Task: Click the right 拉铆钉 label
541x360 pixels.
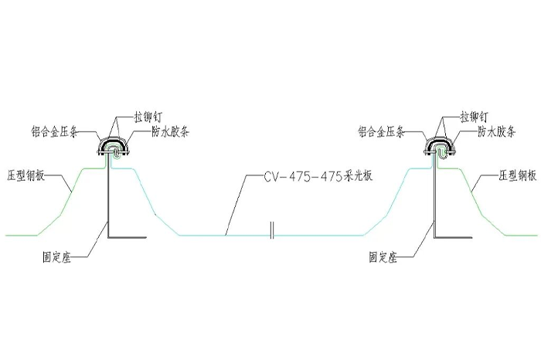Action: point(474,117)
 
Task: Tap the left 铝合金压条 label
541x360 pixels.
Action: point(54,132)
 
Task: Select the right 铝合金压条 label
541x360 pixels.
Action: point(381,132)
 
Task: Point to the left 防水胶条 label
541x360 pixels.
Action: point(170,131)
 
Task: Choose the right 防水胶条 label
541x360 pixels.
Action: point(496,131)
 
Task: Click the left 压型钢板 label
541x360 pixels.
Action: point(26,175)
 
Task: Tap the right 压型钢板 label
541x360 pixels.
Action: point(518,175)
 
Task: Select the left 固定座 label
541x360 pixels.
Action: point(56,257)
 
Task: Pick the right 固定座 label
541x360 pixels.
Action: point(383,257)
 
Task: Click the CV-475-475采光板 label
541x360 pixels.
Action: point(318,176)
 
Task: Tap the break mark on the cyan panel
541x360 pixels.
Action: point(272,230)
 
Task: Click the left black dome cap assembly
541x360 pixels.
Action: point(113,148)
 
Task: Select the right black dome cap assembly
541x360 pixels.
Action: point(440,148)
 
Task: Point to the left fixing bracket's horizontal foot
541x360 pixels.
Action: point(128,237)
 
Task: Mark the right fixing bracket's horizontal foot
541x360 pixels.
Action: point(454,237)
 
